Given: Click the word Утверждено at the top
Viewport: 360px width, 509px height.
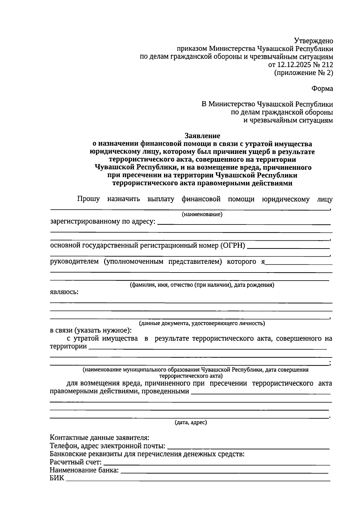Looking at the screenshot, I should click(313, 41).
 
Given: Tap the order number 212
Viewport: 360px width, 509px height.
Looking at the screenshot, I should click(327, 65).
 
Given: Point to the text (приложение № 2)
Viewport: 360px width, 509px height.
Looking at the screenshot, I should click(304, 73).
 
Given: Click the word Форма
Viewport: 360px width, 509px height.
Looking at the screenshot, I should click(322, 89).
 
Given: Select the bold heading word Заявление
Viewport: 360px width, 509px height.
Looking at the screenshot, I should click(202, 136).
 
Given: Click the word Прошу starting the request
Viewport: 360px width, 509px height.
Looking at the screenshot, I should click(88, 199).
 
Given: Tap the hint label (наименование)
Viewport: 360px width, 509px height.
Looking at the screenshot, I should click(202, 214).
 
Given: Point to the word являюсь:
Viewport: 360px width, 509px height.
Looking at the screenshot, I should click(64, 292).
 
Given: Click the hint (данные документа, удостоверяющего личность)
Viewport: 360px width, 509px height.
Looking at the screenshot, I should click(202, 323).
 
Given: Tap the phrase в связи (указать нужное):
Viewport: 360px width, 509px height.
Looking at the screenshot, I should click(91, 331).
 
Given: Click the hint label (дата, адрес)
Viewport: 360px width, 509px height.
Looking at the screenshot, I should click(191, 423).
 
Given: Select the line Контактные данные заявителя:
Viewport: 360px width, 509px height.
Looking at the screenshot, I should click(99, 438).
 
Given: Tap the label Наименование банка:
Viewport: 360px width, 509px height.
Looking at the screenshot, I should click(84, 470).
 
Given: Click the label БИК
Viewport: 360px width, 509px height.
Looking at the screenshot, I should click(57, 478).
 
